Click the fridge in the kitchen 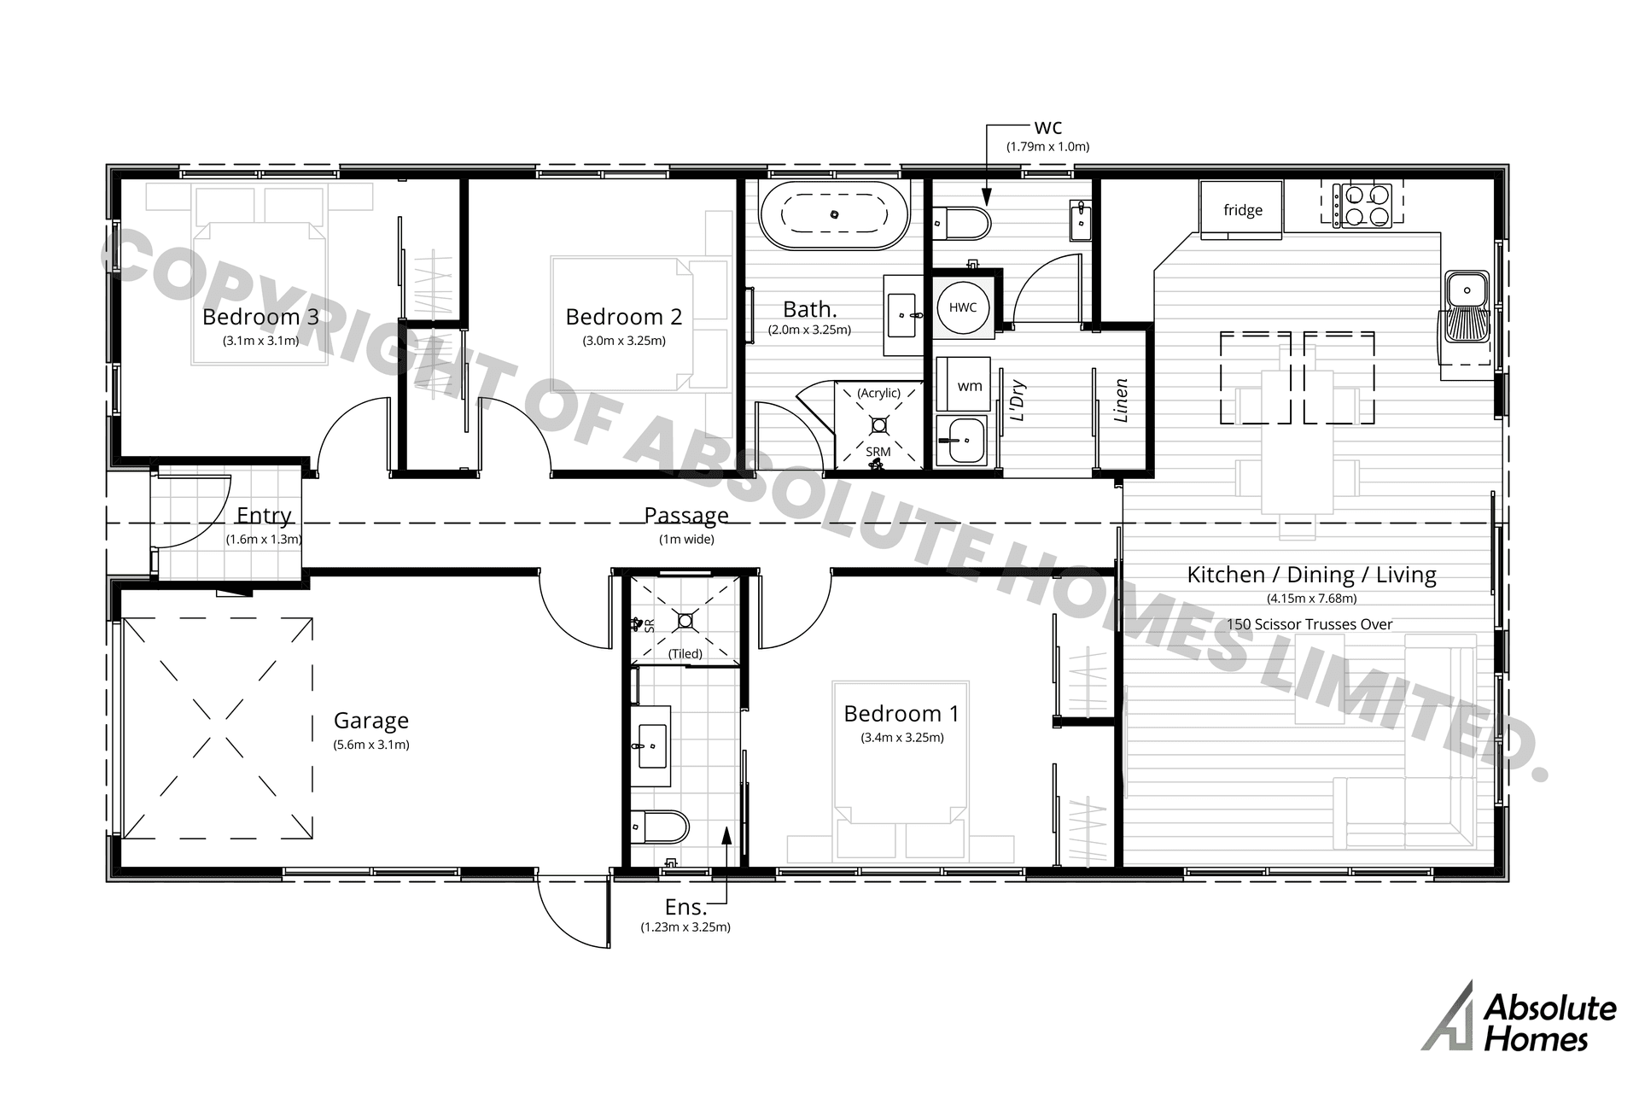(1241, 209)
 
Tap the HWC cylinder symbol (962, 307)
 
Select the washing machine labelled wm (964, 385)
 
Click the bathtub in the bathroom (833, 214)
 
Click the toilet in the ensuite (662, 826)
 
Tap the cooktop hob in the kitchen (1366, 205)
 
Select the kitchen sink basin (1465, 289)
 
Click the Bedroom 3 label (260, 317)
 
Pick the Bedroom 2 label (623, 317)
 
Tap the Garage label (370, 721)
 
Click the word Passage (685, 515)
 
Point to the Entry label (264, 515)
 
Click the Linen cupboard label (1122, 400)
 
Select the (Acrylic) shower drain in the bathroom (878, 424)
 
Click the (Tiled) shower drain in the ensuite (685, 621)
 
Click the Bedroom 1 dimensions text (902, 738)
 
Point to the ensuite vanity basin (651, 745)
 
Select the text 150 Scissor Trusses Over (1309, 624)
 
